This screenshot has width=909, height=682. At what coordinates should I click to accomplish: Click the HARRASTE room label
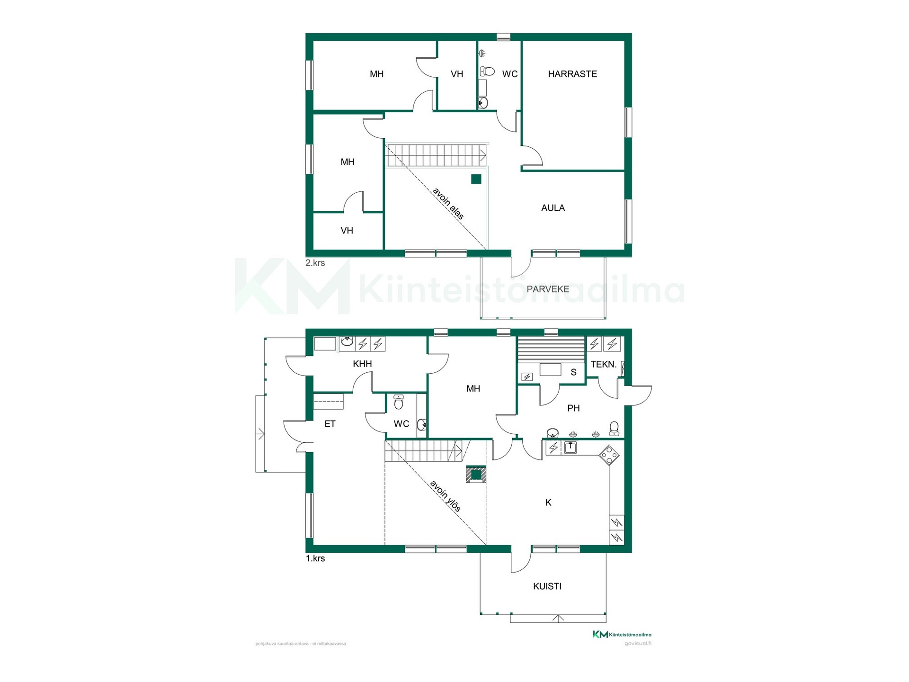[572, 74]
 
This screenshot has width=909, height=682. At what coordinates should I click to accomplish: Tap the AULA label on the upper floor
[553, 208]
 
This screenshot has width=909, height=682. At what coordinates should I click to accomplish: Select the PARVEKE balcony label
[548, 289]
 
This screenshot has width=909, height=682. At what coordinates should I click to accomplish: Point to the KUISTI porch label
[547, 586]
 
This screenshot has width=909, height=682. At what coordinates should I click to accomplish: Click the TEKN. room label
[604, 365]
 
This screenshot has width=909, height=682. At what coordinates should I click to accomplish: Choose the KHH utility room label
[363, 364]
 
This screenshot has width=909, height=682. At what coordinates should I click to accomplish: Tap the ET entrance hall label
[330, 424]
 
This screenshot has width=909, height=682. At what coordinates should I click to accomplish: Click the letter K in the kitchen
[548, 503]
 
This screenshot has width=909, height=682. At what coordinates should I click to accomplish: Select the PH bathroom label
[573, 408]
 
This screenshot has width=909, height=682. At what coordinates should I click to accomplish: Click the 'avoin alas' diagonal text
[448, 204]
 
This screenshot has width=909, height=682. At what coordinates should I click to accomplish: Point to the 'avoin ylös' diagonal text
[445, 496]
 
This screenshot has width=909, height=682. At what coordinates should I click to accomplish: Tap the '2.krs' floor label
[315, 263]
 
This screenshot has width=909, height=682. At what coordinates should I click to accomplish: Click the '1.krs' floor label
[315, 558]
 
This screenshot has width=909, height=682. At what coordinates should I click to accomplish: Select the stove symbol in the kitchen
[609, 455]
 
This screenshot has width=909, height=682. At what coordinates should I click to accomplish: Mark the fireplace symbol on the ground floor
[476, 474]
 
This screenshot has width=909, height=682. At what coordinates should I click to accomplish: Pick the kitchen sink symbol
[570, 447]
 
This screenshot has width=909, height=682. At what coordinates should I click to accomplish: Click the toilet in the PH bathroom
[614, 429]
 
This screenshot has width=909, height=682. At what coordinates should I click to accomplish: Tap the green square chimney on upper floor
[476, 179]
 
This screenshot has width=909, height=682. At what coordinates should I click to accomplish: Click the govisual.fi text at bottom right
[638, 643]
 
